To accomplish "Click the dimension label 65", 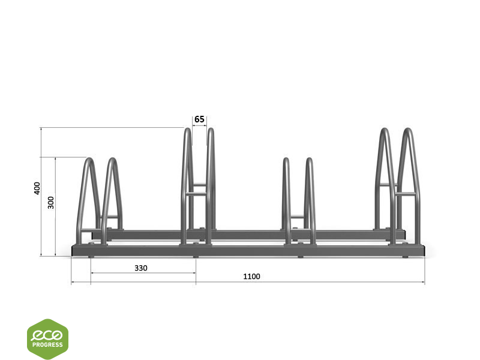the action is (x=199, y=119).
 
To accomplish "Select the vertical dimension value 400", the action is (x=37, y=188).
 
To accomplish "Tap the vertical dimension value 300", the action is (x=51, y=203).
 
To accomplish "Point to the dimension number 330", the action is (x=141, y=268).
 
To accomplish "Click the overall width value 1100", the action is (x=251, y=277).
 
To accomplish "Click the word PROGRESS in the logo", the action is (x=47, y=344).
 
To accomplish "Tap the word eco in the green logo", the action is (x=47, y=335).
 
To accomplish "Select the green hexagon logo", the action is (x=47, y=339).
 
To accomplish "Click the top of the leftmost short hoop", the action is (x=89, y=159).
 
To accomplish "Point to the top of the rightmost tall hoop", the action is (x=407, y=129).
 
